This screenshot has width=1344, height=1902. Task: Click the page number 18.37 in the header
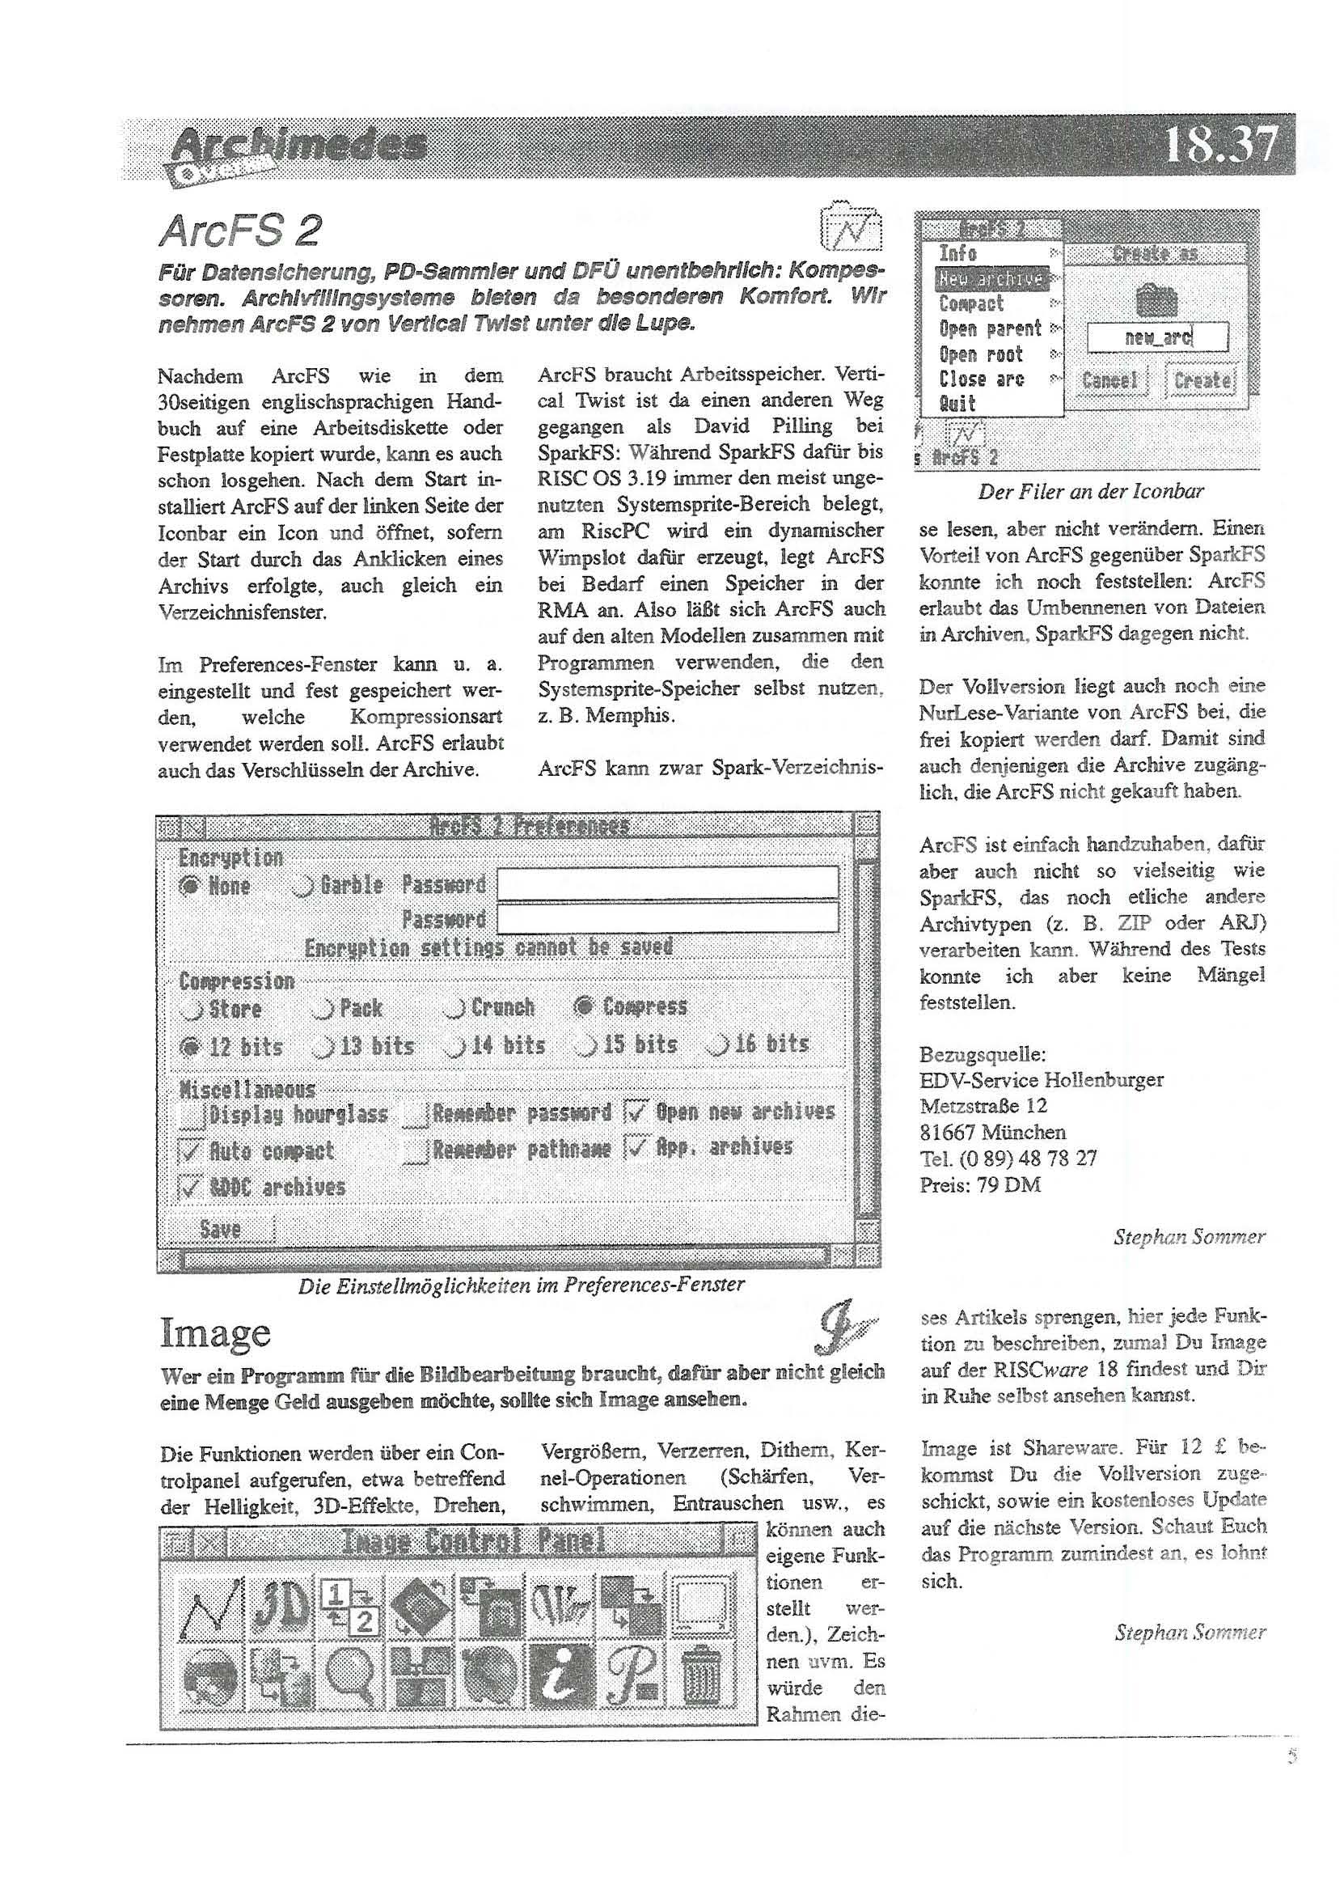point(1220,146)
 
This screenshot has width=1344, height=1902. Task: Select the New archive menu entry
point(991,278)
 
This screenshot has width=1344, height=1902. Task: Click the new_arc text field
point(1157,337)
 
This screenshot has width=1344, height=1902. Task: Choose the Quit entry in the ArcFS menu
point(957,405)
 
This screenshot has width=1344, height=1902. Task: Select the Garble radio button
point(303,887)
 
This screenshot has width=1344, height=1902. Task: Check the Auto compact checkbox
point(191,1150)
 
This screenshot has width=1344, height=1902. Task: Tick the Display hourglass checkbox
point(192,1115)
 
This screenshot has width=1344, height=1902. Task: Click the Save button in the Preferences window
point(220,1230)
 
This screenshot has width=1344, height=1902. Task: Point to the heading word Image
point(215,1334)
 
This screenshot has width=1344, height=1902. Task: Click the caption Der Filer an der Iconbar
point(1091,491)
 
